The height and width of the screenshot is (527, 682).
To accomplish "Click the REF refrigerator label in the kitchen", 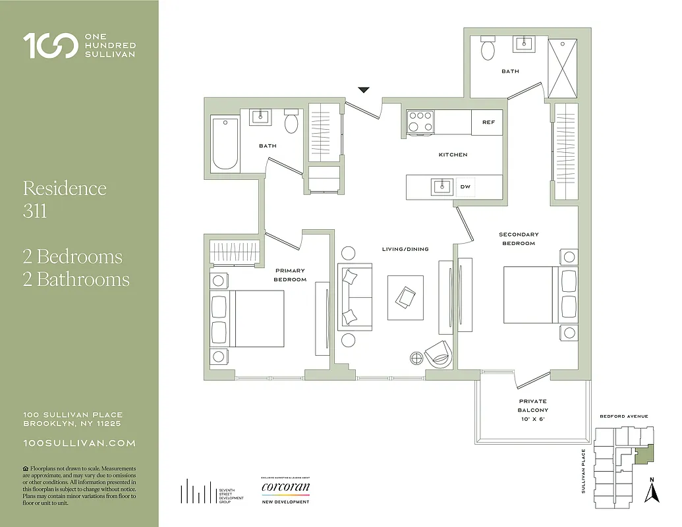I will coord(488,123).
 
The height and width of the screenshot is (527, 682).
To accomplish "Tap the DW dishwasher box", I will coord(465,187).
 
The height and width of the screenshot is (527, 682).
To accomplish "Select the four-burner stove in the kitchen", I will coord(420,121).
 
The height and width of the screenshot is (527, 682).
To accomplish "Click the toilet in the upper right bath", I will coord(488,49).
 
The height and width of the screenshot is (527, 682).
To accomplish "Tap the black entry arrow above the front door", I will coord(364,90).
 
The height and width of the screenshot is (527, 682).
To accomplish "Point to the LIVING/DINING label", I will coord(405,249).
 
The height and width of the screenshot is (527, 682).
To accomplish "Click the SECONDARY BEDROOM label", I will coord(519,238).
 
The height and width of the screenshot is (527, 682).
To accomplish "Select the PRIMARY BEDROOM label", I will coord(291,275).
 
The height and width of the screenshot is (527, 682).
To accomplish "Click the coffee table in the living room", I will coord(405,297).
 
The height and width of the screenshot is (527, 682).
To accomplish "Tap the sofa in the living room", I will coord(355,296).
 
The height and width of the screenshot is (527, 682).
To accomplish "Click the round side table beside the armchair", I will coord(416,358).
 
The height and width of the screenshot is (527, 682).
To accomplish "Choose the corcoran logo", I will coord(285,488).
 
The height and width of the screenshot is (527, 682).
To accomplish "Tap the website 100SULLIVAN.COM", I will coord(79,443).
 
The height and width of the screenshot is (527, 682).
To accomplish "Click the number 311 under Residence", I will coord(35,212).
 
